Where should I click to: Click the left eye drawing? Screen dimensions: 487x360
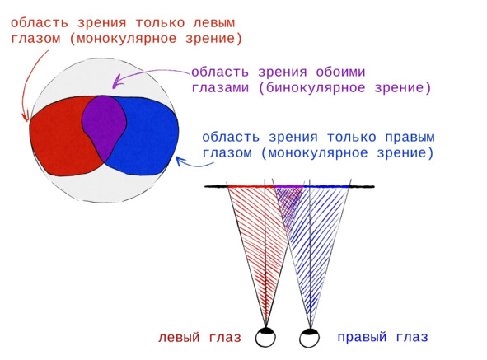click(x=265, y=337)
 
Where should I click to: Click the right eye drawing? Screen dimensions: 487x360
click(x=310, y=338)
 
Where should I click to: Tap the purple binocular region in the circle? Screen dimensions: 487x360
click(x=105, y=124)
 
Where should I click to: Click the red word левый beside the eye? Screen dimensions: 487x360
click(x=179, y=337)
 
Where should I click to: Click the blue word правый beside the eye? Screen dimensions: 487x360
click(x=362, y=337)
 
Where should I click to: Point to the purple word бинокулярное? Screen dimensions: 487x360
click(x=316, y=88)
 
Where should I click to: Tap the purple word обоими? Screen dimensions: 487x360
click(x=340, y=72)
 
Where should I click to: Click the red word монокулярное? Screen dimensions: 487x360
click(x=126, y=40)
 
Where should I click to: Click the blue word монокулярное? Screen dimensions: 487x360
click(x=318, y=153)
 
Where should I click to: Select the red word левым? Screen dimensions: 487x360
click(x=214, y=23)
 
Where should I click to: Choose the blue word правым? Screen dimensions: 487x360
click(x=410, y=138)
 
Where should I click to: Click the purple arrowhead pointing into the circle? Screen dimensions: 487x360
click(x=116, y=82)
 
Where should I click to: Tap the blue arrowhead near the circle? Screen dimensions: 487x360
click(x=180, y=161)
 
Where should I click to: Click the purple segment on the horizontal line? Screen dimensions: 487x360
click(x=289, y=186)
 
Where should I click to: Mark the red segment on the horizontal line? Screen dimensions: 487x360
click(x=251, y=186)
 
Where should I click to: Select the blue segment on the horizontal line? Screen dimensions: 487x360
click(x=326, y=186)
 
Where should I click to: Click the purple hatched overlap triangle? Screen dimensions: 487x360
click(x=289, y=202)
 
